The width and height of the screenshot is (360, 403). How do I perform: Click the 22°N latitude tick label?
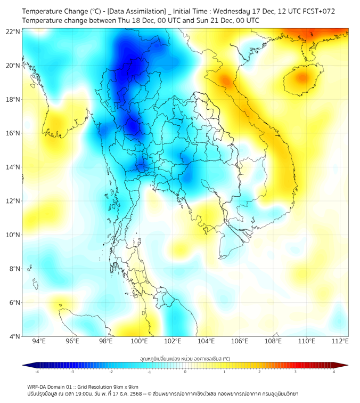tap(13, 31)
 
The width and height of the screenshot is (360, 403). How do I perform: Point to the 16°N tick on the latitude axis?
tap(13, 133)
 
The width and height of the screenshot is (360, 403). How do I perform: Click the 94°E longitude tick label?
tap(38, 342)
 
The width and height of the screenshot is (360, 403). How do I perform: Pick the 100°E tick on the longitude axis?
tap(139, 342)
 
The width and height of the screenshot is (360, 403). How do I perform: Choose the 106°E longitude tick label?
tap(240, 342)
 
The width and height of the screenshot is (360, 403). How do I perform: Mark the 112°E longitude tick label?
tap(340, 342)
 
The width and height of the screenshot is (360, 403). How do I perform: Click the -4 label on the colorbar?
tap(36, 372)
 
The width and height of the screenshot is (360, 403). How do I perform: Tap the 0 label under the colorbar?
tap(185, 372)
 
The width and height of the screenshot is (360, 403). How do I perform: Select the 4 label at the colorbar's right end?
tap(334, 372)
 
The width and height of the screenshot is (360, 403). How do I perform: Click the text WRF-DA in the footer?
tap(39, 387)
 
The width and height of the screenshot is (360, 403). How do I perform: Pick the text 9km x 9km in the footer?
tap(124, 387)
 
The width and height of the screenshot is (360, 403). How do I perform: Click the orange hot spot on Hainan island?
tap(302, 78)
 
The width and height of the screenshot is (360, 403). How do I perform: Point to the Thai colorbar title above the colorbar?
tap(185, 359)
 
